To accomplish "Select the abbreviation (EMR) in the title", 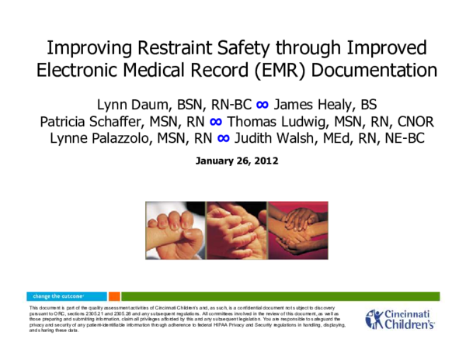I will click(278, 71).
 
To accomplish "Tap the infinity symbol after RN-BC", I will click(262, 104).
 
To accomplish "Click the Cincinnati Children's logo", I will click(400, 320).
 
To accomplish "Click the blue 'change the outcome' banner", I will click(66, 296).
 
